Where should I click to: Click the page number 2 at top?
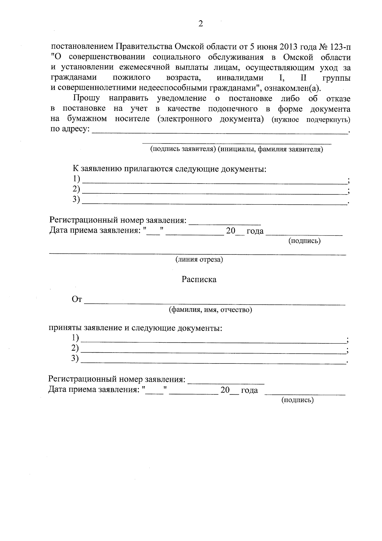200,24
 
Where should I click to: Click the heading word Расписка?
199,280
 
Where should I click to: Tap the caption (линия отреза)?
199,260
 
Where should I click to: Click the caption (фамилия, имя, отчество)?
210,310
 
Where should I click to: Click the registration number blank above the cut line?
225,221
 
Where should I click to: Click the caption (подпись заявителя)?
183,149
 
